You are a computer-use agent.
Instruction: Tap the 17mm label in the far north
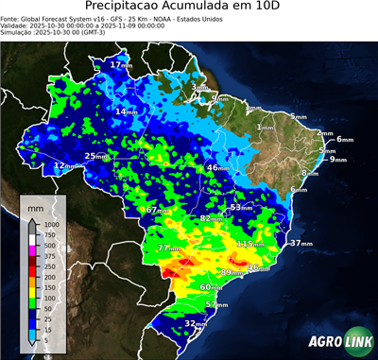click(x=121, y=64)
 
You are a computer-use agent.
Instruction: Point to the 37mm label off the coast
click(x=301, y=243)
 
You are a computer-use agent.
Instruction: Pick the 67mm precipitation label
click(x=158, y=209)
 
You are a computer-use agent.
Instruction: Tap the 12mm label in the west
click(x=64, y=165)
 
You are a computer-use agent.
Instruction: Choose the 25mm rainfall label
click(x=96, y=156)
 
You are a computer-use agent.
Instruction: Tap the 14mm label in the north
click(x=126, y=111)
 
